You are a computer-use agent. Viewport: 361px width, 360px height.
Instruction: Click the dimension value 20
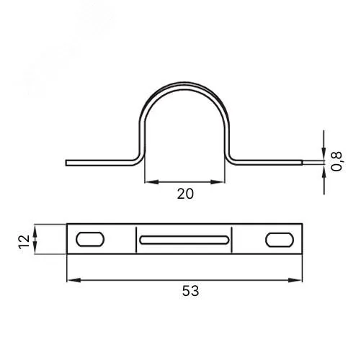185,194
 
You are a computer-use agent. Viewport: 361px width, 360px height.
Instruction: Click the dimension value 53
190,291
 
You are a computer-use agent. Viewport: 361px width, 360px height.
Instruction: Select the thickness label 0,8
337,161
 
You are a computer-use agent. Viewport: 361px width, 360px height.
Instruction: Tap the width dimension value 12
24,241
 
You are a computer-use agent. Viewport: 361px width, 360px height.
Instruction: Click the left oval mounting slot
90,239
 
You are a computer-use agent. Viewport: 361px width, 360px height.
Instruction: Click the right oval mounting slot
280,240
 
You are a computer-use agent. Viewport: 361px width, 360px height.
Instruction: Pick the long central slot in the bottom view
184,240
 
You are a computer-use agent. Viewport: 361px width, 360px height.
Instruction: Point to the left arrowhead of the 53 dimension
73,280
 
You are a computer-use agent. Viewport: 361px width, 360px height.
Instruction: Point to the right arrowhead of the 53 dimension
295,280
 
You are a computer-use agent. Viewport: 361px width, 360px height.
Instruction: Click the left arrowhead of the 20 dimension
152,182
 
